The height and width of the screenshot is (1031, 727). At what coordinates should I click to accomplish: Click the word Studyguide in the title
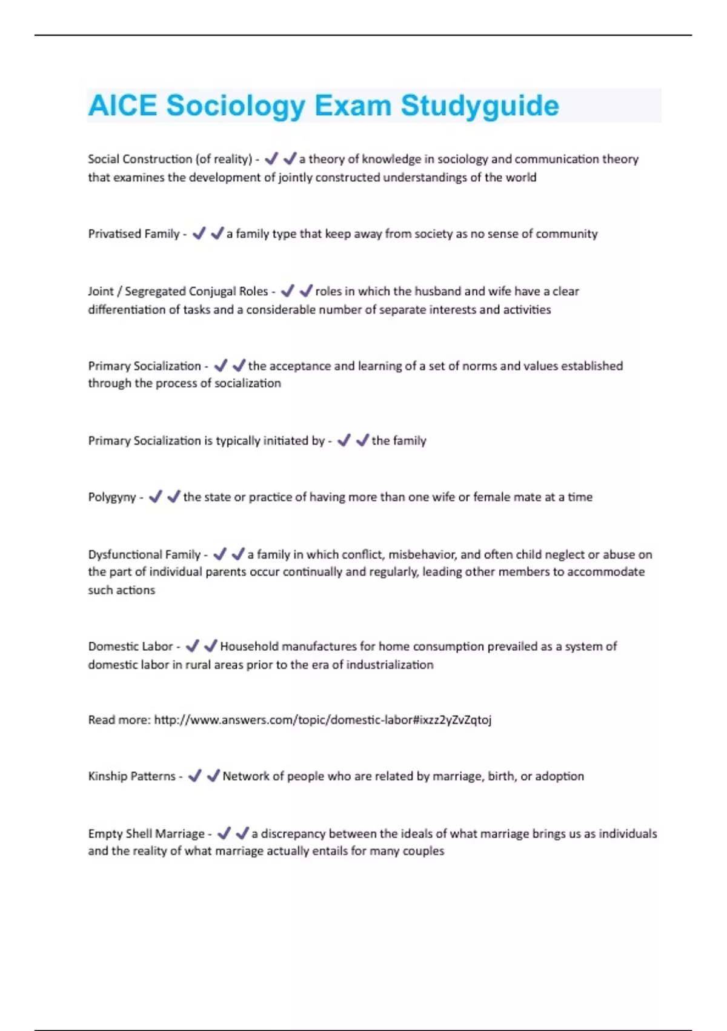(479, 106)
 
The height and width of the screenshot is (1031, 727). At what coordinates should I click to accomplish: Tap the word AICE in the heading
(122, 106)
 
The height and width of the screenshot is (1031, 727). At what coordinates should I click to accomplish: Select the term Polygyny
(112, 497)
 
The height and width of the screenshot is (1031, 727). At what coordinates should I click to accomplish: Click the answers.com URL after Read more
(322, 720)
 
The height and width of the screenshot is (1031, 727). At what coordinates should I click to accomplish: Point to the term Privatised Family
(134, 234)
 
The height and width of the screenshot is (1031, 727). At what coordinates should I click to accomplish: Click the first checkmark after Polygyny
(156, 497)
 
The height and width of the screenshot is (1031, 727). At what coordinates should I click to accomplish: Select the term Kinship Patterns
(132, 776)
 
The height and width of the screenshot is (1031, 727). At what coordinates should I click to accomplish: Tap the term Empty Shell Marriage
(147, 834)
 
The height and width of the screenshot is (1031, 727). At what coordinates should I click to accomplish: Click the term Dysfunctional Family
(144, 554)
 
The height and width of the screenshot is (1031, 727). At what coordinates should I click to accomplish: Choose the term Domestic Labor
(130, 646)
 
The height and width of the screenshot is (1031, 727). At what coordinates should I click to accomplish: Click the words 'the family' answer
(399, 441)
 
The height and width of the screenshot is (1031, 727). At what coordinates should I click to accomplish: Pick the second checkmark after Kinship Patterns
(213, 776)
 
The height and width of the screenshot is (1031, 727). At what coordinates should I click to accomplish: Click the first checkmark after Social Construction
(271, 159)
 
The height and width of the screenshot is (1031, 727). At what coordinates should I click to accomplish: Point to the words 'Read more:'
(119, 720)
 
